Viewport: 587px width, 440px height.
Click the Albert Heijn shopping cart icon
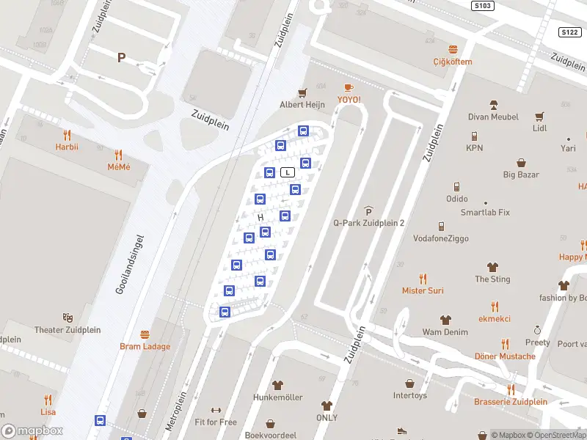[302, 92]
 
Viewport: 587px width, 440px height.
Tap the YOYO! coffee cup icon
[349, 88]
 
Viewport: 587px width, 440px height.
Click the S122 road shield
[569, 32]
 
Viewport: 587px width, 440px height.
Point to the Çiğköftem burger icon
[452, 49]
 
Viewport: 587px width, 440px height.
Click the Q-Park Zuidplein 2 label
[368, 223]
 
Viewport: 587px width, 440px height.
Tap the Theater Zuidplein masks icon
[68, 317]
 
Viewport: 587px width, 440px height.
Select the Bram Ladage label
[145, 346]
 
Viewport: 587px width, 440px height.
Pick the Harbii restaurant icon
[67, 134]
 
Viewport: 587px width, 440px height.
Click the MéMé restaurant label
[119, 168]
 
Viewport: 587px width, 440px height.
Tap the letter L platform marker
[288, 172]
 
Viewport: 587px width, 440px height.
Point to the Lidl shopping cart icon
[540, 116]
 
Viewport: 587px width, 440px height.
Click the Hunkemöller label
[278, 397]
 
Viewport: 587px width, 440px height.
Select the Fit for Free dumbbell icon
[216, 410]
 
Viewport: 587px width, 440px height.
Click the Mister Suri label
[423, 290]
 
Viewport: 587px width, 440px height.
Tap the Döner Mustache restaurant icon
[505, 343]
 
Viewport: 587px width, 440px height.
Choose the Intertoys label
[409, 396]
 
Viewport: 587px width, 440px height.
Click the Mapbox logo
[32, 430]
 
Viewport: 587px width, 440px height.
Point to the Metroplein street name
[177, 410]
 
